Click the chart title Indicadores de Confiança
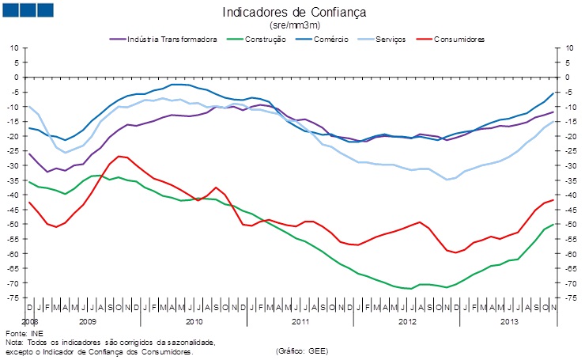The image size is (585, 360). coord(294,13)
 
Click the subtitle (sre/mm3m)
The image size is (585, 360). coord(294,25)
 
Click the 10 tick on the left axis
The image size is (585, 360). coord(13,48)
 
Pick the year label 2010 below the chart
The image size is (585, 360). coord(194,322)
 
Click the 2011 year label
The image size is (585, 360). coord(300,322)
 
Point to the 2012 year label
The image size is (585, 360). coord(407,322)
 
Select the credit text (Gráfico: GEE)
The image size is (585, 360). coord(302,350)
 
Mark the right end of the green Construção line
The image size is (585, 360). coord(553,224)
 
